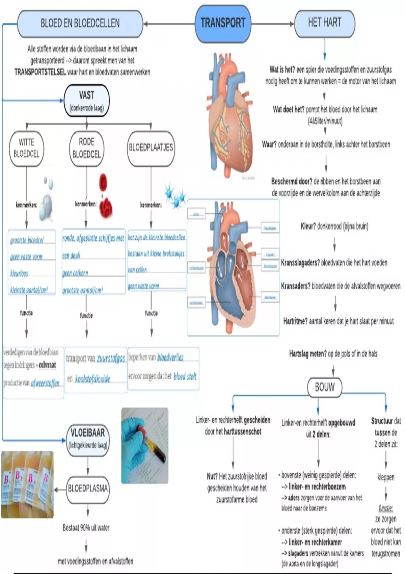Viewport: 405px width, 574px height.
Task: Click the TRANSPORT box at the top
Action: point(223,23)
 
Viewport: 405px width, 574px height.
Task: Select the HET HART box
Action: point(325,23)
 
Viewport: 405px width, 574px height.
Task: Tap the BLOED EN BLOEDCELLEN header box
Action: point(80,23)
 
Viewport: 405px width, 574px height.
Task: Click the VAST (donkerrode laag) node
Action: point(87,101)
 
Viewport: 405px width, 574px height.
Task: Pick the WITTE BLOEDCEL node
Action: point(26,148)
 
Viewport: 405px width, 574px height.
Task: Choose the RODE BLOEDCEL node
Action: point(86,148)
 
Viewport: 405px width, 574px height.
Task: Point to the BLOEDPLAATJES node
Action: point(151,148)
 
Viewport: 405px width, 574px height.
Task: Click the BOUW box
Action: point(325,387)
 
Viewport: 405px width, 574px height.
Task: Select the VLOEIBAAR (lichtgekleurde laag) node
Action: point(88,438)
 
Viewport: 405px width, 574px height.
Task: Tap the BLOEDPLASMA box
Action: point(88,489)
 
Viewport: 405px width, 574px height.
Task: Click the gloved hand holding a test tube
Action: point(145,445)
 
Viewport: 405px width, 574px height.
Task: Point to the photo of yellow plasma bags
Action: point(27,485)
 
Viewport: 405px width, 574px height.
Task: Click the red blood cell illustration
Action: point(105,196)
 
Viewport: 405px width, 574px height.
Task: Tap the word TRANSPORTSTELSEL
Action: point(40,72)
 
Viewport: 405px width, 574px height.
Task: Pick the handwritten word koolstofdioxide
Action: point(92,379)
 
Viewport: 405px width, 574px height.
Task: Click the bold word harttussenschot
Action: point(243,432)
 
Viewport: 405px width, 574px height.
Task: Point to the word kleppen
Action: point(386,477)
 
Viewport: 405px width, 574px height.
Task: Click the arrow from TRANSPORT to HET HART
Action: point(273,24)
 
